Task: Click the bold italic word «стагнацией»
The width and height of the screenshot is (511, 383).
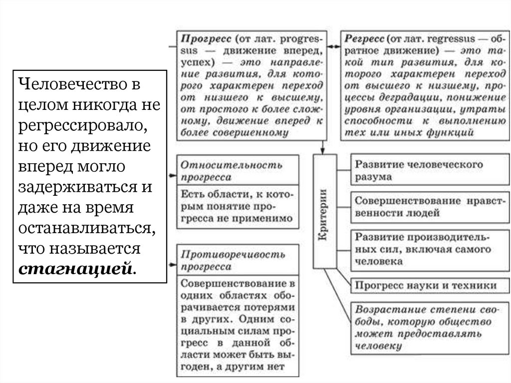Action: click(x=75, y=270)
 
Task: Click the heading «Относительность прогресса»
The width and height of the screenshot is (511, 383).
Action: click(x=232, y=170)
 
